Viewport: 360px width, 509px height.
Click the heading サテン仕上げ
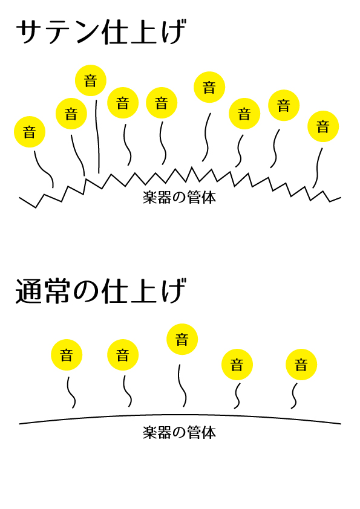[x=101, y=32]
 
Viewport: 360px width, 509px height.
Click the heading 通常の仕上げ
[x=100, y=291]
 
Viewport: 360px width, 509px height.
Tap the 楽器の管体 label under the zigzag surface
[x=179, y=197]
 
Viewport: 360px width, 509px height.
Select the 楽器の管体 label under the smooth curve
[x=179, y=432]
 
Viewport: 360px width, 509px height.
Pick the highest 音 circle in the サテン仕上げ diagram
[x=91, y=80]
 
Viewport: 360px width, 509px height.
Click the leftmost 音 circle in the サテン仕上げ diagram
[x=30, y=132]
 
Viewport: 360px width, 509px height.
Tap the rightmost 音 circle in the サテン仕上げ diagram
[x=323, y=126]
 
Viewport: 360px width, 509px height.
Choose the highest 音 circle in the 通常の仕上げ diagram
[x=182, y=339]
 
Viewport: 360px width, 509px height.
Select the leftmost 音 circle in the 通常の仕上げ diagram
[x=67, y=355]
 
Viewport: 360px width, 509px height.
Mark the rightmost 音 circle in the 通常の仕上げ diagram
[x=301, y=365]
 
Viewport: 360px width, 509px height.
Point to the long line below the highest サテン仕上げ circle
[x=97, y=137]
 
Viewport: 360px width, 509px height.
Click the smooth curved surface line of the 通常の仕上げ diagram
[x=180, y=415]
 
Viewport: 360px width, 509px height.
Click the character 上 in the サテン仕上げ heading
[x=143, y=33]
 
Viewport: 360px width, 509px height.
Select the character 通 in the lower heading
[x=28, y=291]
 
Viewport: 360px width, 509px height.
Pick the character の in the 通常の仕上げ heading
[x=86, y=292]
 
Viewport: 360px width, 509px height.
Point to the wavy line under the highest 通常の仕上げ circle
[x=182, y=386]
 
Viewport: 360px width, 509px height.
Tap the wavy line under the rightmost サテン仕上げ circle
[x=318, y=168]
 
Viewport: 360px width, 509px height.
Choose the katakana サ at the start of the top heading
[x=29, y=32]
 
